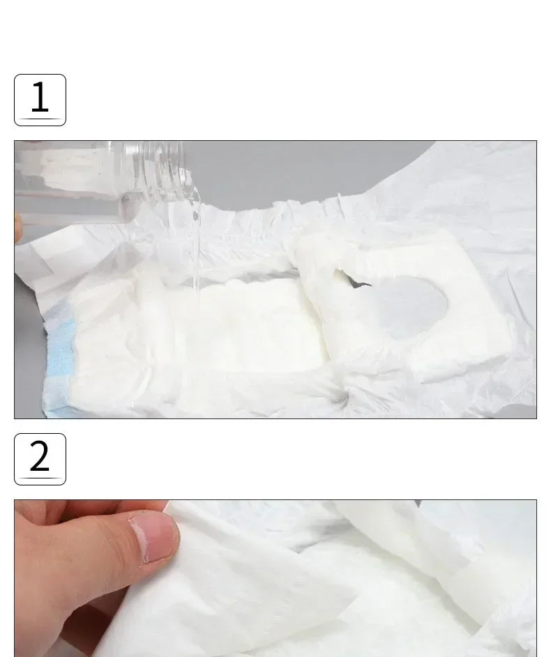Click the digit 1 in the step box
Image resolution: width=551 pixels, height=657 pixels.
coord(40,96)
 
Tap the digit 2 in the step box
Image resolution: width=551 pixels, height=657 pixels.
coord(40,455)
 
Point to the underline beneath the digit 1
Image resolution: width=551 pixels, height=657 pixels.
coord(40,119)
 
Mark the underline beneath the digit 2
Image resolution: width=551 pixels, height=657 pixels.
coord(40,478)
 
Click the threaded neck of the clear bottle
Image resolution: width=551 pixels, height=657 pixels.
coord(167,172)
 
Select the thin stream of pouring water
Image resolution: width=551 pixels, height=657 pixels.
coord(196,247)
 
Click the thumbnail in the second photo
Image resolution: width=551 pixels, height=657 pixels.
coord(155,538)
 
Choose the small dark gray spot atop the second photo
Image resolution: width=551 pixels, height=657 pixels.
coord(418,503)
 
